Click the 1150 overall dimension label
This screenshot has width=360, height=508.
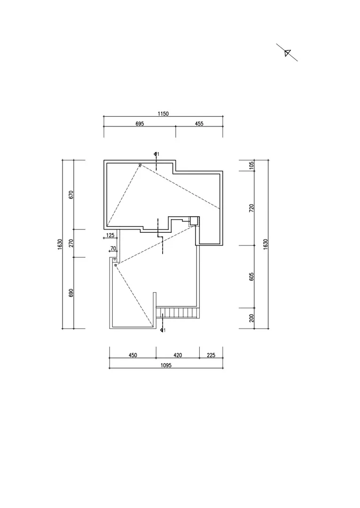(163, 114)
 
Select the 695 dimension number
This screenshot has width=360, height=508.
(140, 124)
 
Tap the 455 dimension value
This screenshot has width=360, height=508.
(199, 124)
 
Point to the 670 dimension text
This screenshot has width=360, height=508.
(71, 194)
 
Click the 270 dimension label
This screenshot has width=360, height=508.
(71, 243)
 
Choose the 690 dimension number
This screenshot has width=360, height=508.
(71, 293)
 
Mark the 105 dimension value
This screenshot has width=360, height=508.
(251, 166)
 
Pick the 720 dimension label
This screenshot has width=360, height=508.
(251, 208)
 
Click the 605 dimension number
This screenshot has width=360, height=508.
(251, 277)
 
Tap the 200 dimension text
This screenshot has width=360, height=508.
(251, 318)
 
